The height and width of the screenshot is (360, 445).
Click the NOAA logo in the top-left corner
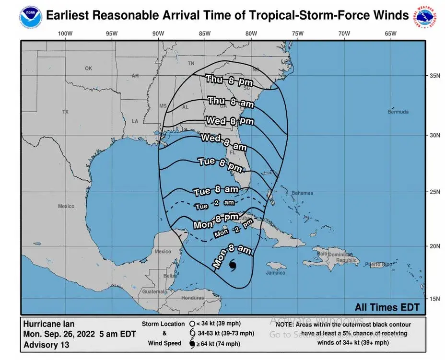pos(30,15)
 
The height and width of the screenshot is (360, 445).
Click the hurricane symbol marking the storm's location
pos(233,265)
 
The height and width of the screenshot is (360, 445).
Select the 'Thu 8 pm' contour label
pos(229,81)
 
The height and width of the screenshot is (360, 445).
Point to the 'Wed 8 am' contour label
pos(223,141)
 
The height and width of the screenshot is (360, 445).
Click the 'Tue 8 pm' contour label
pos(220,164)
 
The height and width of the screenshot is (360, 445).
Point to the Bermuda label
pos(398,112)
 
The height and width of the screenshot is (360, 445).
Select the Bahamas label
pos(302,193)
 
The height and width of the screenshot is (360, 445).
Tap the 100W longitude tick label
pos(65,34)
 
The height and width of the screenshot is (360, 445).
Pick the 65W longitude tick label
pos(390,34)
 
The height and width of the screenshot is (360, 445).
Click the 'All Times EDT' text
pos(387,307)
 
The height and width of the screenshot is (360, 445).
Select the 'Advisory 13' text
pos(47,345)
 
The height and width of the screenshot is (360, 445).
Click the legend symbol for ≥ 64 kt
pos(192,343)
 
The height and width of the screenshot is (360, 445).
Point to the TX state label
pos(65,112)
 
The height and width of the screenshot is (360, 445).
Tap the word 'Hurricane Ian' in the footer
pos(49,324)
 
